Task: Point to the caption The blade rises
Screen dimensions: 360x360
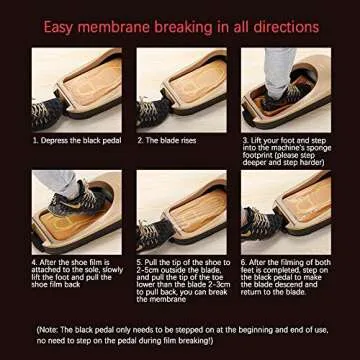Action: point(169,139)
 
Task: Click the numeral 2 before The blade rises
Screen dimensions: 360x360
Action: point(140,139)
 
